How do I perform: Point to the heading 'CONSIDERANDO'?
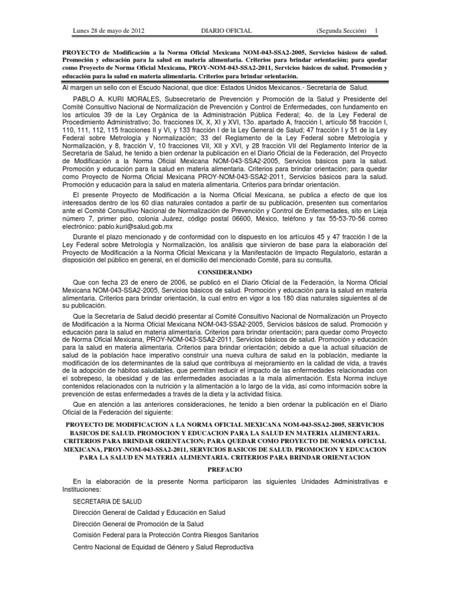click(x=224, y=273)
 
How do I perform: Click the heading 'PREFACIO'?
click(x=224, y=470)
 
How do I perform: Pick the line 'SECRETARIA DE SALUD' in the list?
click(x=105, y=502)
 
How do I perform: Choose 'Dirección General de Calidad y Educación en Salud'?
click(x=148, y=513)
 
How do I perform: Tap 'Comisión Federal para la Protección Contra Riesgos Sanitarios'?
click(x=165, y=535)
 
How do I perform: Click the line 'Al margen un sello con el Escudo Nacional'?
click(x=224, y=87)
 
